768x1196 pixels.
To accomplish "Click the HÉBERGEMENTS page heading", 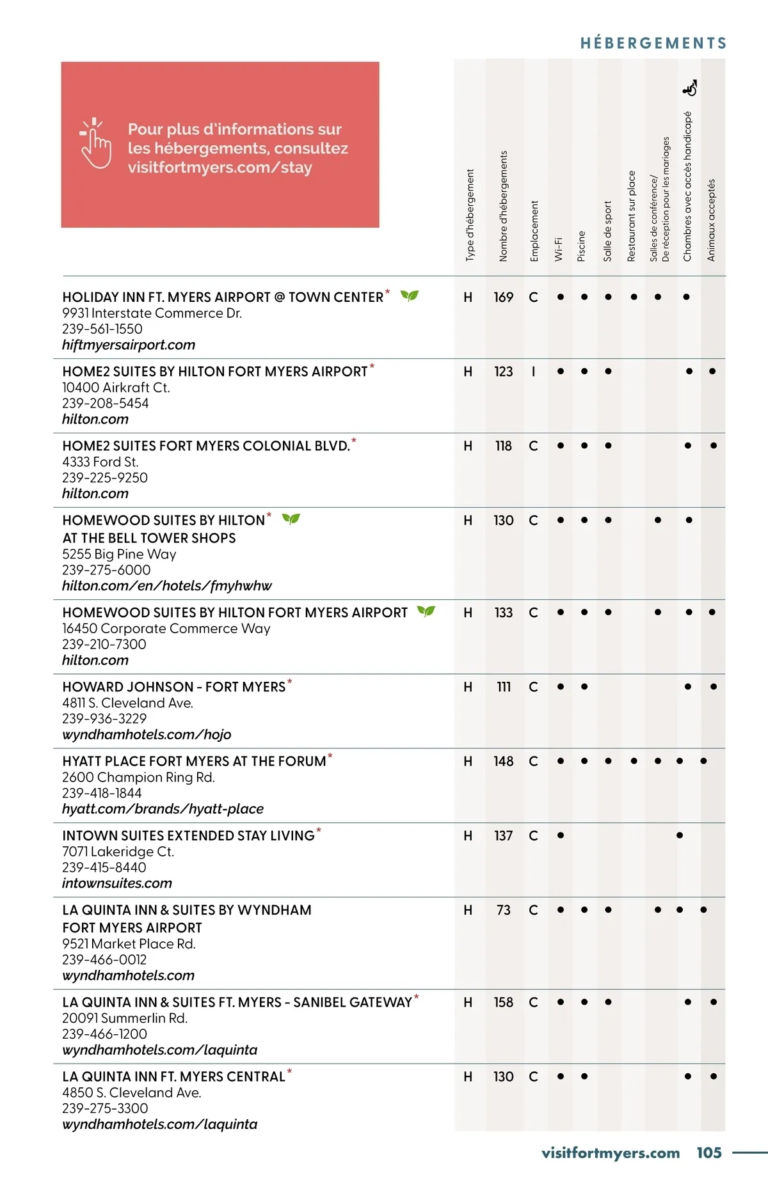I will (653, 43).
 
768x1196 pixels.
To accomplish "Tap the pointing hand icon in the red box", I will (96, 143).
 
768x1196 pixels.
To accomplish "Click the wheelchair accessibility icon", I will (691, 88).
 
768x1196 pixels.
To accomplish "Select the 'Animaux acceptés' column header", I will (711, 220).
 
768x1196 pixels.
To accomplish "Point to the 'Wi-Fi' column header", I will (559, 249).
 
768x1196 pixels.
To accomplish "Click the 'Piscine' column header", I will (582, 246).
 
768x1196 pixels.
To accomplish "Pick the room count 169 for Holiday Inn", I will (504, 297).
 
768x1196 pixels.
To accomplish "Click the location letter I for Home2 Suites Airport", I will (533, 372).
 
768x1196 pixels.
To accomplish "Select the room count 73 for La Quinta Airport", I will (504, 910).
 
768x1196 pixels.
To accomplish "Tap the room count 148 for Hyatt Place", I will (504, 761).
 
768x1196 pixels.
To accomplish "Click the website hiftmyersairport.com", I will (129, 345).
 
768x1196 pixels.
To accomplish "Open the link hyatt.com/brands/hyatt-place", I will (163, 809).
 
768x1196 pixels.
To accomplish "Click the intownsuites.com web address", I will (117, 883).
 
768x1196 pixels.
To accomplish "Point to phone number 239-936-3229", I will (104, 719).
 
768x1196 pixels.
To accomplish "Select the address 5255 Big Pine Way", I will (119, 555).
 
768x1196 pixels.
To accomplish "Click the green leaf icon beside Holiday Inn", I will (410, 295).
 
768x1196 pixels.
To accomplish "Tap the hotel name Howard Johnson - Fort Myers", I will (173, 687).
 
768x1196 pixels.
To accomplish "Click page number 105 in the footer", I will (709, 1153).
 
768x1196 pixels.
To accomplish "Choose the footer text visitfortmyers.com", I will (611, 1153).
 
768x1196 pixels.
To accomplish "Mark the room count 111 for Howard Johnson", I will (504, 687).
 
